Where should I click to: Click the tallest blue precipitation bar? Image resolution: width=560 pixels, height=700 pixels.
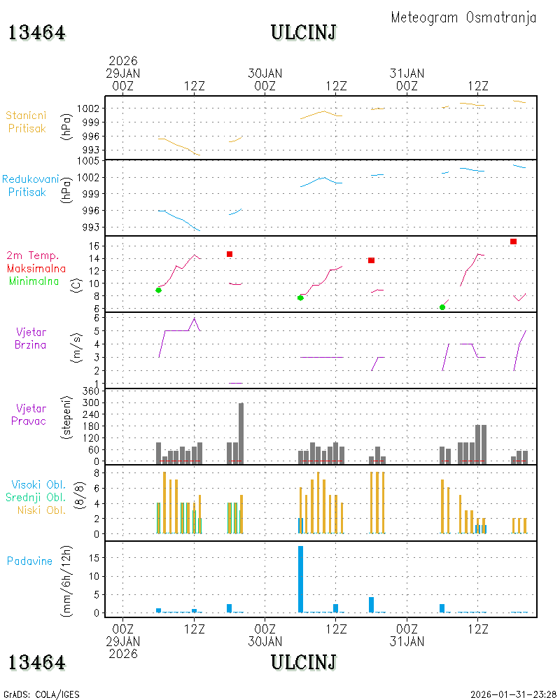pyautogui.click(x=300, y=579)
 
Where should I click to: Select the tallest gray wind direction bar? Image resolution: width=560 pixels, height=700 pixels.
pyautogui.click(x=241, y=433)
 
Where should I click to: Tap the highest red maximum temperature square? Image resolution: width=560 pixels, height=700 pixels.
pyautogui.click(x=514, y=241)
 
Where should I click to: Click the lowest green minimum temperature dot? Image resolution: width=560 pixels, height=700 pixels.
pyautogui.click(x=442, y=307)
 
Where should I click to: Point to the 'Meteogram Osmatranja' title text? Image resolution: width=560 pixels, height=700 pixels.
pyautogui.click(x=463, y=17)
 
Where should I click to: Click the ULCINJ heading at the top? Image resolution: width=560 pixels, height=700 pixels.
pyautogui.click(x=304, y=33)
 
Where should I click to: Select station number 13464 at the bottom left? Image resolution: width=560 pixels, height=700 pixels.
pyautogui.click(x=36, y=662)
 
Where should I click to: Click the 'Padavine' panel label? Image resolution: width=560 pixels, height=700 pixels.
pyautogui.click(x=29, y=561)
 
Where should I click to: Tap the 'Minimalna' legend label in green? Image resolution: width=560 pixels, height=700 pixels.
pyautogui.click(x=34, y=281)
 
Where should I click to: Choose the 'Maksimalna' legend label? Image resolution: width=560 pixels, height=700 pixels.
pyautogui.click(x=36, y=269)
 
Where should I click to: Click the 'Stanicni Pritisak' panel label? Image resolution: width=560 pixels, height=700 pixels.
pyautogui.click(x=27, y=122)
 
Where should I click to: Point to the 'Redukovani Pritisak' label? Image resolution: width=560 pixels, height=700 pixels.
pyautogui.click(x=30, y=185)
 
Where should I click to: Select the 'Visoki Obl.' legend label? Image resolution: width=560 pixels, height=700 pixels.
pyautogui.click(x=38, y=485)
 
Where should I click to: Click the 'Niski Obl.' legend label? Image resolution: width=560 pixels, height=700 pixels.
pyautogui.click(x=41, y=510)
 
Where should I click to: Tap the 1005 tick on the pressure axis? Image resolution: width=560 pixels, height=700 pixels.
pyautogui.click(x=88, y=161)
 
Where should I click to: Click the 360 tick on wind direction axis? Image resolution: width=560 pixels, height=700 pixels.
pyautogui.click(x=91, y=391)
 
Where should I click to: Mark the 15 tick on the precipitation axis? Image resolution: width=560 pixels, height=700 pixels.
pyautogui.click(x=94, y=558)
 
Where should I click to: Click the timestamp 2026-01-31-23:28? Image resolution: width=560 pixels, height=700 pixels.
pyautogui.click(x=513, y=694)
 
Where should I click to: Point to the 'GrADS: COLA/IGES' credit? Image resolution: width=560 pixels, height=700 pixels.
pyautogui.click(x=41, y=694)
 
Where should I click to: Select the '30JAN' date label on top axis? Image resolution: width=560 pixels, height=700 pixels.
pyautogui.click(x=265, y=73)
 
